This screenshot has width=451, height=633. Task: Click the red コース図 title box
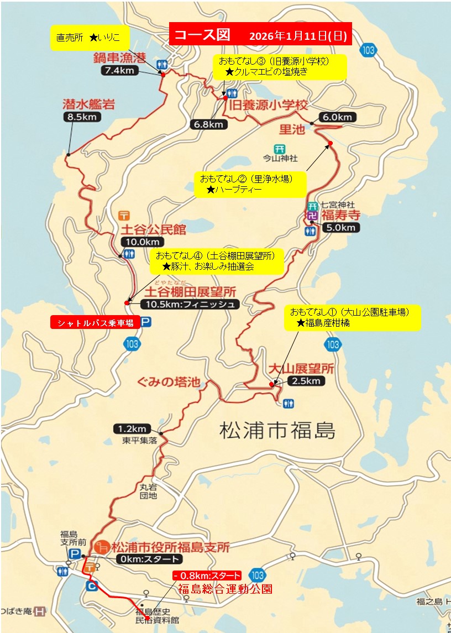point(201,35)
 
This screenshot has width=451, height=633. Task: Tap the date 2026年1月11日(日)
point(298,36)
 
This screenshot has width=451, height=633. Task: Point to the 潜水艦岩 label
point(81,104)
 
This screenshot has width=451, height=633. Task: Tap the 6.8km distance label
point(209,124)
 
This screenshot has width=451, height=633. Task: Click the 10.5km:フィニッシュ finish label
point(190,304)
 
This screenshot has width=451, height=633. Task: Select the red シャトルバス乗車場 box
point(94,322)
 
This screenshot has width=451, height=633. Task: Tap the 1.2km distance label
point(132,428)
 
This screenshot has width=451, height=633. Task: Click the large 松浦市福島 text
point(277,430)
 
